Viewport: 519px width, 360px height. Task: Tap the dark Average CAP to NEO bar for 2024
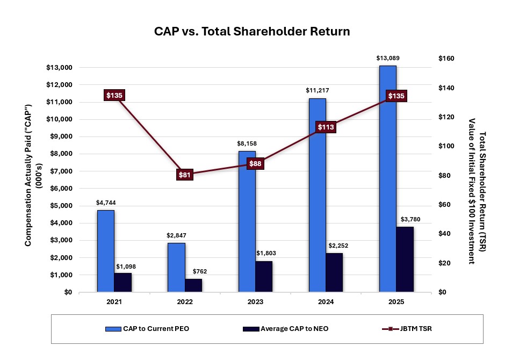(334, 272)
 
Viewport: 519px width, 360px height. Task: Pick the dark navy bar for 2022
(193, 285)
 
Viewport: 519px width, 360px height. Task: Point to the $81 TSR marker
(185, 175)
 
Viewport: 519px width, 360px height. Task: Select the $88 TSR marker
(255, 163)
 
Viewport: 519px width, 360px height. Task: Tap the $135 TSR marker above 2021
(114, 96)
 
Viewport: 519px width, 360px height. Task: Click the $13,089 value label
(387, 58)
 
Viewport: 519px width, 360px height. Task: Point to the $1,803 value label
(264, 253)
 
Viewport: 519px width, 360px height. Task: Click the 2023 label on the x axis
(255, 303)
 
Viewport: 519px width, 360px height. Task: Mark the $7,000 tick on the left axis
(59, 171)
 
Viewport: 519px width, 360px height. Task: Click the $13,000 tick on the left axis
(57, 68)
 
